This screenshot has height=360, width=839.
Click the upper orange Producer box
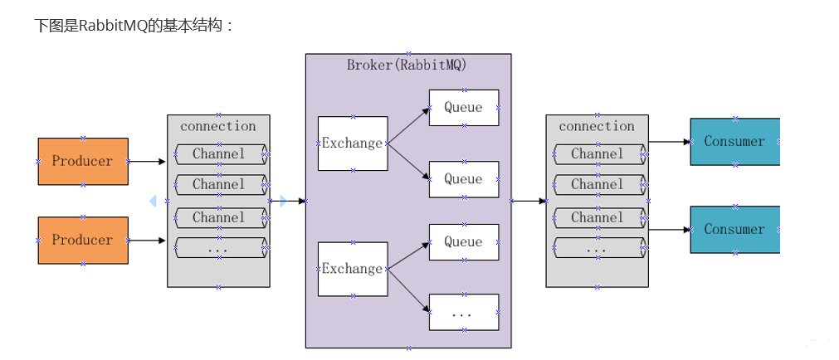83,161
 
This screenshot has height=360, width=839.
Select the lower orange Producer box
83,240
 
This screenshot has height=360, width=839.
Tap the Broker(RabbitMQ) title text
407,65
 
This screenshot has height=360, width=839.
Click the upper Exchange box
353,144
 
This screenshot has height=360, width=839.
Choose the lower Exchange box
353,269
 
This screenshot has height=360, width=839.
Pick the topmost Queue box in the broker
463,107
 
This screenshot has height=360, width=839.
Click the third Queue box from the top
463,242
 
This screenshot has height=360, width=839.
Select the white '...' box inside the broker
463,314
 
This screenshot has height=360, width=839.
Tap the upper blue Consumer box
734,141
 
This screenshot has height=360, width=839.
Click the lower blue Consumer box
734,229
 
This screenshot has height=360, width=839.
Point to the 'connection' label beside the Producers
218,126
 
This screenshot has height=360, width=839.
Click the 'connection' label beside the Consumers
597,126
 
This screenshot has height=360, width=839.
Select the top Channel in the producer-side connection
219,153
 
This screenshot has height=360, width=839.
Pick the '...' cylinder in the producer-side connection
219,247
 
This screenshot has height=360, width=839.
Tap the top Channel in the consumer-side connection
598,153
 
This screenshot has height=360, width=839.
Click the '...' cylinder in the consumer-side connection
598,247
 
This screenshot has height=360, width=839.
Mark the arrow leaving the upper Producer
148,162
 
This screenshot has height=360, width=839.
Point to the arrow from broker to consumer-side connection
529,201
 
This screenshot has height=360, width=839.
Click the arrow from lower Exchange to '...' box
408,289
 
